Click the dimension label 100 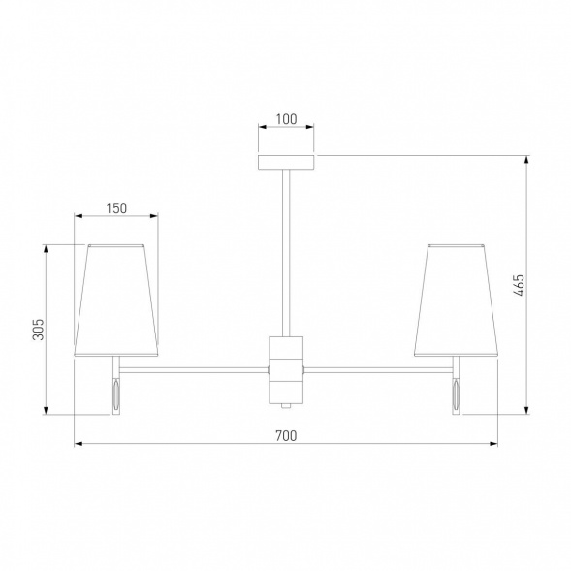(x=286, y=119)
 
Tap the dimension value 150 (x=116, y=208)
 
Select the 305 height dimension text (x=38, y=330)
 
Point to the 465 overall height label (x=520, y=285)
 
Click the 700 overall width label (x=286, y=435)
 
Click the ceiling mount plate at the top (x=286, y=163)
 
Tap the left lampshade (x=116, y=301)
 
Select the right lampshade (x=456, y=301)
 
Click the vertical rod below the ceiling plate (x=286, y=253)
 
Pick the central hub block (x=286, y=370)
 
